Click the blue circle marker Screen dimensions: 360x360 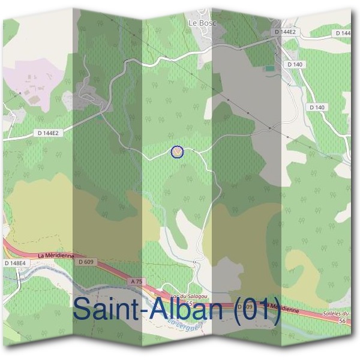pos(176,152)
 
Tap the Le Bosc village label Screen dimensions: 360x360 pos(202,23)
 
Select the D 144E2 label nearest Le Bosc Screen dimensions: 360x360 pos(285,31)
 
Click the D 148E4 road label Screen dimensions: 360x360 pos(16,263)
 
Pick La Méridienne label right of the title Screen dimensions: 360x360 pos(281,308)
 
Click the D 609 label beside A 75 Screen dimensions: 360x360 pos(85,262)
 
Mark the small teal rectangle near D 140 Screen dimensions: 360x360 pos(269,68)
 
